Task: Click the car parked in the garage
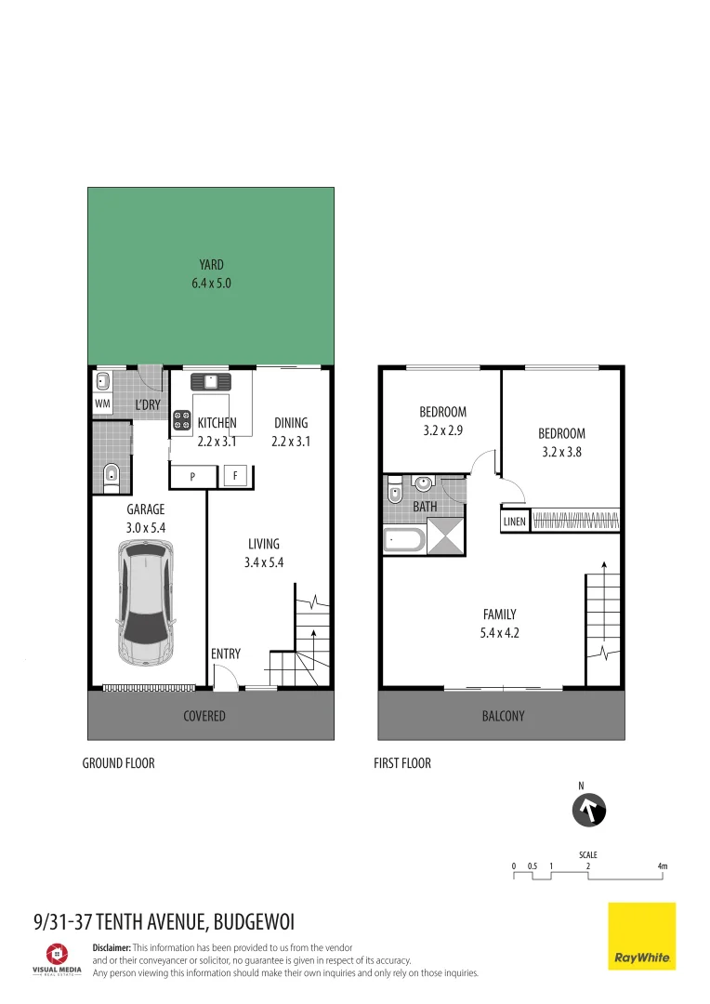[x=146, y=604]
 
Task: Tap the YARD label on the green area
[x=211, y=265]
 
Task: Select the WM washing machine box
[x=102, y=404]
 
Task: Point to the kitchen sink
[x=211, y=381]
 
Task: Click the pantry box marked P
[x=192, y=476]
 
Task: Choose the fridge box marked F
[x=236, y=476]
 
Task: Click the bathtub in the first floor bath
[x=403, y=539]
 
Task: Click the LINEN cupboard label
[x=515, y=522]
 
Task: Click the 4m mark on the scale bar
[x=662, y=866]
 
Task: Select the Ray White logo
[x=641, y=935]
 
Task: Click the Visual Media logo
[x=58, y=958]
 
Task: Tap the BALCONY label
[x=503, y=716]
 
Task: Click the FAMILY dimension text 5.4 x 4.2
[x=499, y=633]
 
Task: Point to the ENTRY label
[x=226, y=654]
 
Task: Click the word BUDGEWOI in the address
[x=254, y=922]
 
